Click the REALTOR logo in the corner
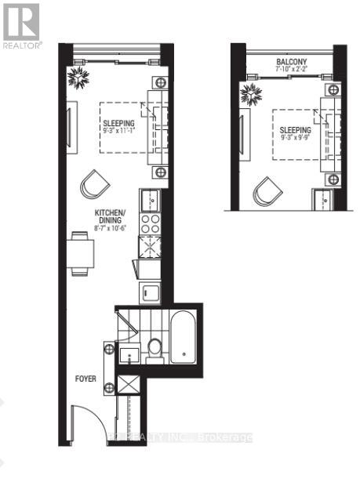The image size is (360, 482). coord(20,27)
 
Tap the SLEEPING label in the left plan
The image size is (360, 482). coord(118,123)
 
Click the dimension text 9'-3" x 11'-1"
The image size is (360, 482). coord(118,132)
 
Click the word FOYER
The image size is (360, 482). coord(86,379)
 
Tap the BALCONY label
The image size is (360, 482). coord(291,62)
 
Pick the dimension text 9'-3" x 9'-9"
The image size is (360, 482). coord(290,140)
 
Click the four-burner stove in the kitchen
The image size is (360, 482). coord(150,223)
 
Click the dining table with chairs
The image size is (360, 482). coord(81,253)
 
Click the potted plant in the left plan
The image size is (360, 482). coord(79,77)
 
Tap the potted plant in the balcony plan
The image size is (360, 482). coord(253,96)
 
